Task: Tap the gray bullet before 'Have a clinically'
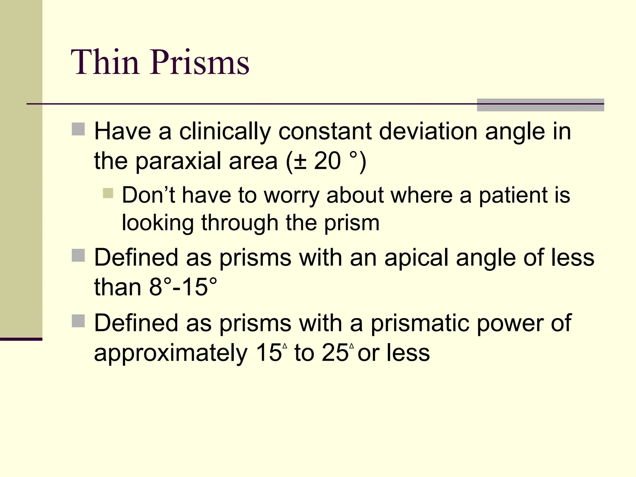[78, 129]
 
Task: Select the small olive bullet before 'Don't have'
[108, 193]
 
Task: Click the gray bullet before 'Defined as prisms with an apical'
[78, 255]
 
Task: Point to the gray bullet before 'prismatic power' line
[78, 321]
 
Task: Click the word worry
[291, 196]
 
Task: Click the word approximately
[171, 353]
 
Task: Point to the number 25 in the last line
[335, 353]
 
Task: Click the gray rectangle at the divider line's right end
[540, 105]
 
